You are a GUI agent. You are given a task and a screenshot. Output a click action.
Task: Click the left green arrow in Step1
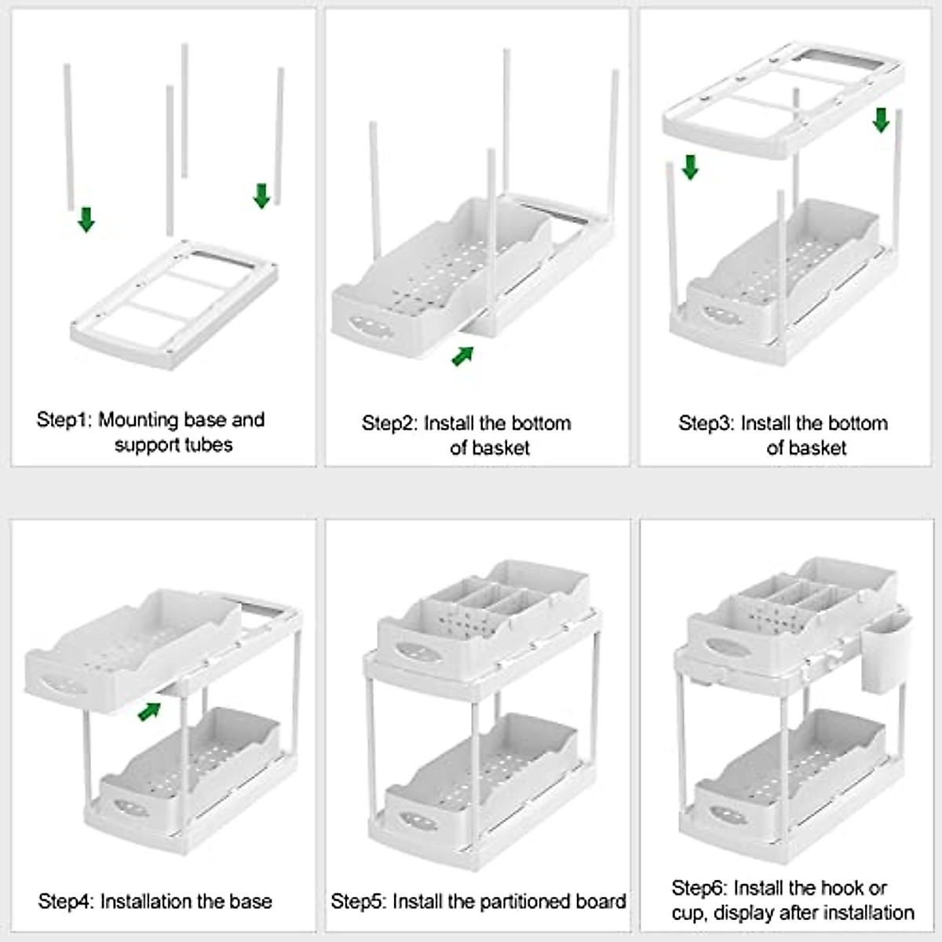[86, 219]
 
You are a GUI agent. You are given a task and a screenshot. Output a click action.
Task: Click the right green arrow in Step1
[262, 195]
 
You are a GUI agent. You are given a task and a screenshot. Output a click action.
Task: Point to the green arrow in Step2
[463, 356]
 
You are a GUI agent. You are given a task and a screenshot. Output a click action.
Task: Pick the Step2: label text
[389, 424]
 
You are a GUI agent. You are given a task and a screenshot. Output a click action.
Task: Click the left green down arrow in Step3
[690, 166]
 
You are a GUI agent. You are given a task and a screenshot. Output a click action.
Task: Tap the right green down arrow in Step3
[881, 119]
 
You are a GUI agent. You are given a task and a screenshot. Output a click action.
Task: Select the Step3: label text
[706, 424]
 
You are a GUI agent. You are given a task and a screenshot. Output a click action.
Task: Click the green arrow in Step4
[149, 710]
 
